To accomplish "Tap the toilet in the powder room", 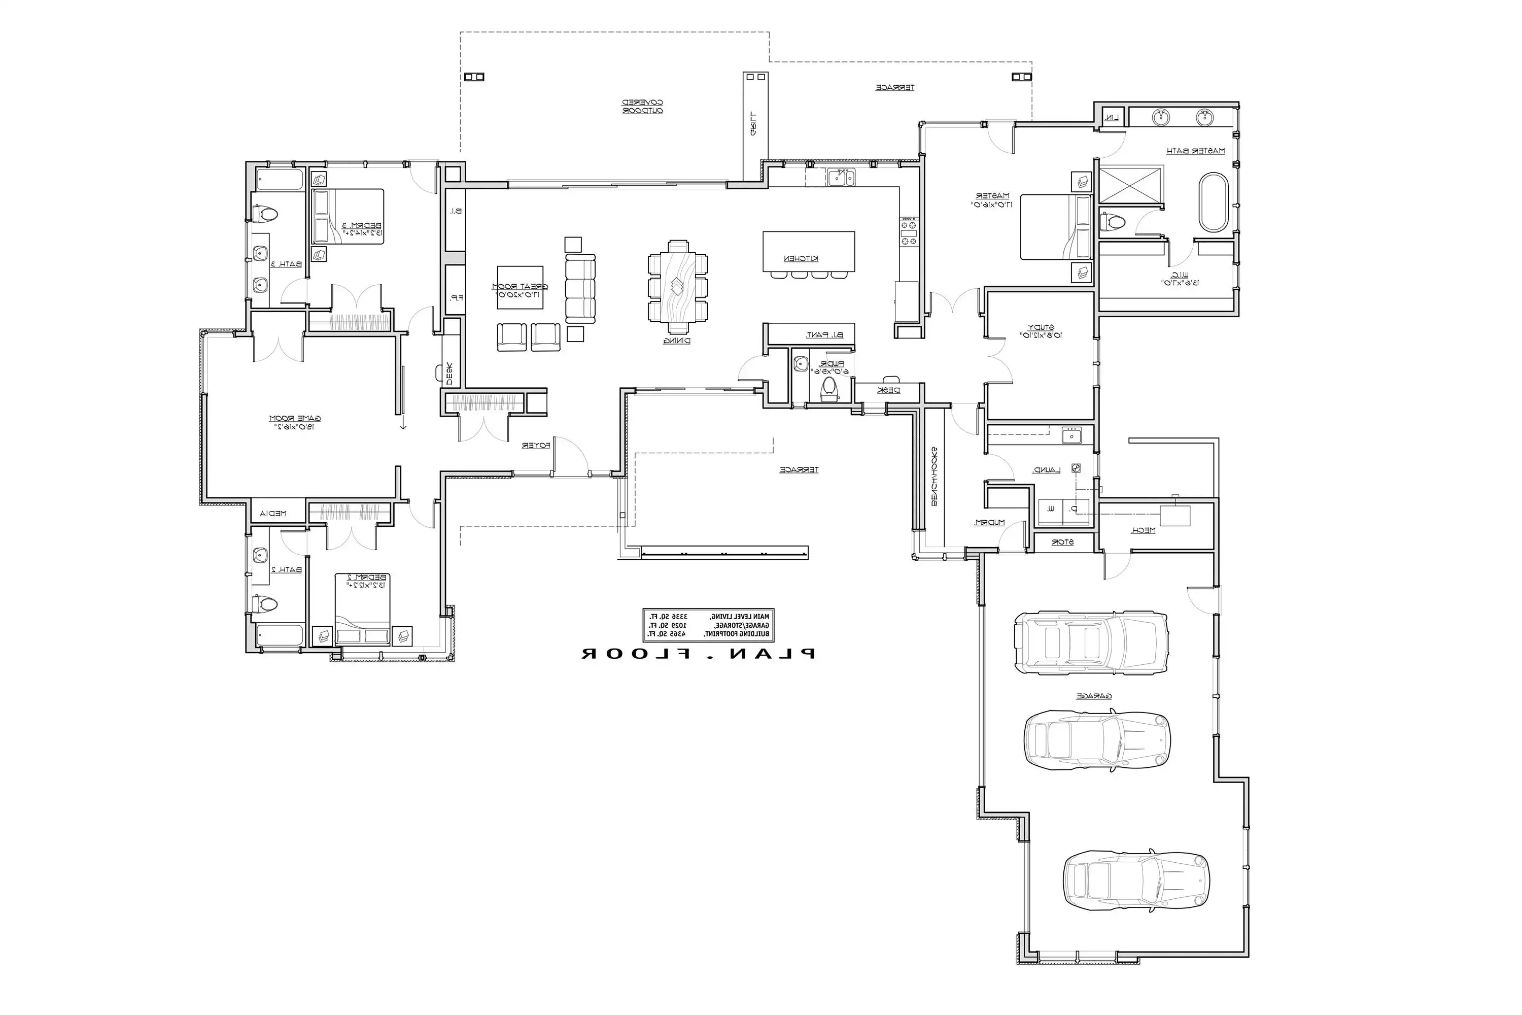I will (829, 389).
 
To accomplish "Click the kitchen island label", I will (801, 259).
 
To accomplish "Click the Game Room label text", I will (295, 419).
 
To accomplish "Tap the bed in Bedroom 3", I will (348, 216).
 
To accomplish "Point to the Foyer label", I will (536, 446).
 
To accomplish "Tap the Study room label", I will (1041, 327).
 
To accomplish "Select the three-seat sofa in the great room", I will (580, 288).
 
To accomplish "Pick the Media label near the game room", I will (273, 513).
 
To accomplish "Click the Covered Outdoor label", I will (643, 106).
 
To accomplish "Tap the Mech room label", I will (1143, 530).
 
